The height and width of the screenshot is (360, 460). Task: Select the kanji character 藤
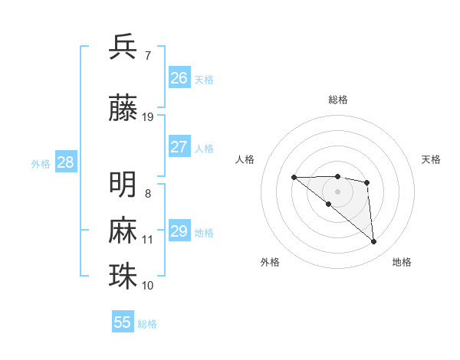click(123, 107)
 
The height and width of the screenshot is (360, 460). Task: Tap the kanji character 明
click(123, 184)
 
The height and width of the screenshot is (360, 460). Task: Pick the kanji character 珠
click(123, 276)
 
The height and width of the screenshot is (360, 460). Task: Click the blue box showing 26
click(179, 78)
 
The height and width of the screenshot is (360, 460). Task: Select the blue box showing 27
click(179, 147)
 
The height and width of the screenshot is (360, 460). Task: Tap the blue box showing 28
click(64, 162)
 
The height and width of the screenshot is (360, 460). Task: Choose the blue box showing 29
click(179, 231)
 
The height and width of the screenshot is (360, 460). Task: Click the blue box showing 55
click(123, 322)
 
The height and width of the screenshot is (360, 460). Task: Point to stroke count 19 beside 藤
click(148, 117)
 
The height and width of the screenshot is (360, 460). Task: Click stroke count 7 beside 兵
click(147, 55)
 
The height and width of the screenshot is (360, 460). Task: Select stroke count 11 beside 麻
click(148, 240)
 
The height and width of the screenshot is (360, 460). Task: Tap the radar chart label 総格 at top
click(337, 100)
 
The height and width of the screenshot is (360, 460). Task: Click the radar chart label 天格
click(431, 159)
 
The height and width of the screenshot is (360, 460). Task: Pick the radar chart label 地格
click(402, 262)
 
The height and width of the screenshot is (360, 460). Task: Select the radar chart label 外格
click(270, 262)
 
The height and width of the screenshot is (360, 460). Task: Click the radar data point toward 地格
click(374, 242)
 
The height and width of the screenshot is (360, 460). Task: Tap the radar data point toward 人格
click(294, 178)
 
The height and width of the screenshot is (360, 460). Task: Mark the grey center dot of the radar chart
click(337, 191)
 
